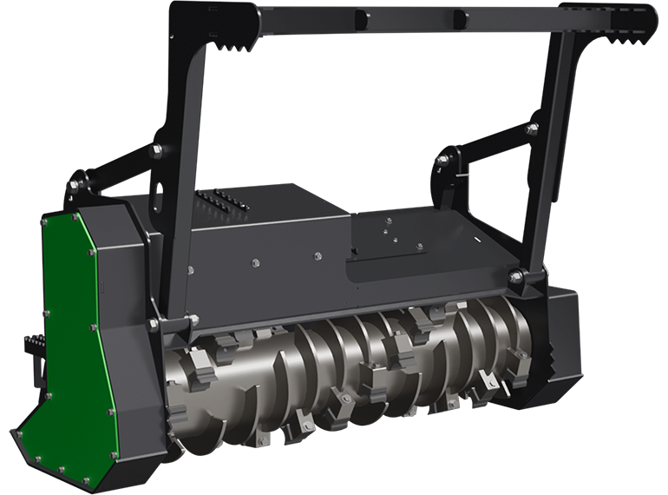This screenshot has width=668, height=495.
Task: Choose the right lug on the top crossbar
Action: [x=457, y=17]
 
